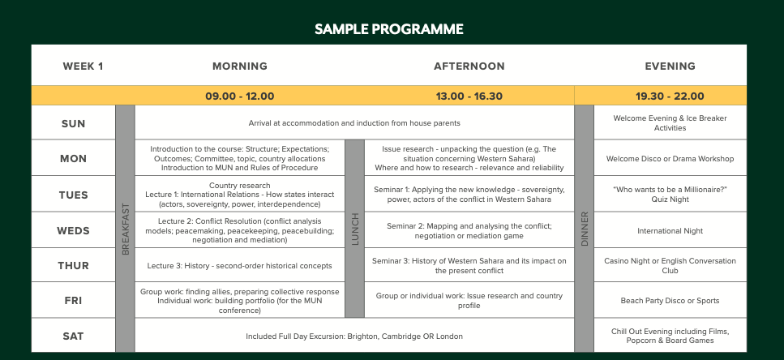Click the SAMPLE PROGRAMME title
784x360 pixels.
389,29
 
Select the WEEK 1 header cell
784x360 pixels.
83,66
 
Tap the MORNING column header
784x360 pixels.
240,66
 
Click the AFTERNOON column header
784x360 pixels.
469,66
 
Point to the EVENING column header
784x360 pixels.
670,66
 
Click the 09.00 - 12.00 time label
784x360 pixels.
240,96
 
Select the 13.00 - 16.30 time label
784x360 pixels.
469,96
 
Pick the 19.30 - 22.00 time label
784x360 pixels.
670,96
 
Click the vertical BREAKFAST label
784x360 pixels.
126,229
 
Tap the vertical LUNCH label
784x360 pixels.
355,229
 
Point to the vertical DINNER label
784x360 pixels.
585,229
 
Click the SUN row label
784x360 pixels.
74,123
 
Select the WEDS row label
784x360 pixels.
74,231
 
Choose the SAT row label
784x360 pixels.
74,336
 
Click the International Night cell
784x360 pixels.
670,231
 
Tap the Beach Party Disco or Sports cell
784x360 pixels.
670,301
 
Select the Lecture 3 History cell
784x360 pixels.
239,266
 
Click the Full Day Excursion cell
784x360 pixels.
354,336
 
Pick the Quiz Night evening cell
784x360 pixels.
670,195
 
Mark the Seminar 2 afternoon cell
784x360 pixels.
469,231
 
